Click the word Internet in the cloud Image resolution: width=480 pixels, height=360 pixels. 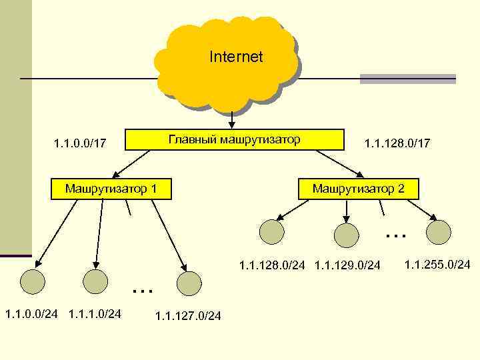236,57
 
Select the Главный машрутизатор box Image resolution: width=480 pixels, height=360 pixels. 233,139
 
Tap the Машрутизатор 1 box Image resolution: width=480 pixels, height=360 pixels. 111,189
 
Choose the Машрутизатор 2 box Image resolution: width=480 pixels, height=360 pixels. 359,189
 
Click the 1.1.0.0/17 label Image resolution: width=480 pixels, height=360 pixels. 79,143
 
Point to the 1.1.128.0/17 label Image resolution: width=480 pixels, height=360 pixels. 397,143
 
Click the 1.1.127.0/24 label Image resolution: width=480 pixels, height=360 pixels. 188,316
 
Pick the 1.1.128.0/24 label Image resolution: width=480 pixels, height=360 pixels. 272,266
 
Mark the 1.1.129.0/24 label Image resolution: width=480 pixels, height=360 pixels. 347,266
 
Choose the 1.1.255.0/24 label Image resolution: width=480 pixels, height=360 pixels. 437,265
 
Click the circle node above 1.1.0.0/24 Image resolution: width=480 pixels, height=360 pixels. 31,282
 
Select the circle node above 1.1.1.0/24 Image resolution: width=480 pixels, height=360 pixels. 94,282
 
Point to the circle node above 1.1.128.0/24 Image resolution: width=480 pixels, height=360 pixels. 271,232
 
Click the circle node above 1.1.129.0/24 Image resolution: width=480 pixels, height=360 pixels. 346,234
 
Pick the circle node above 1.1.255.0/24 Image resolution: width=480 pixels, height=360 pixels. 439,231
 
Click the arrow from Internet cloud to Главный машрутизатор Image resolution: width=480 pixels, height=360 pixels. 231,119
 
